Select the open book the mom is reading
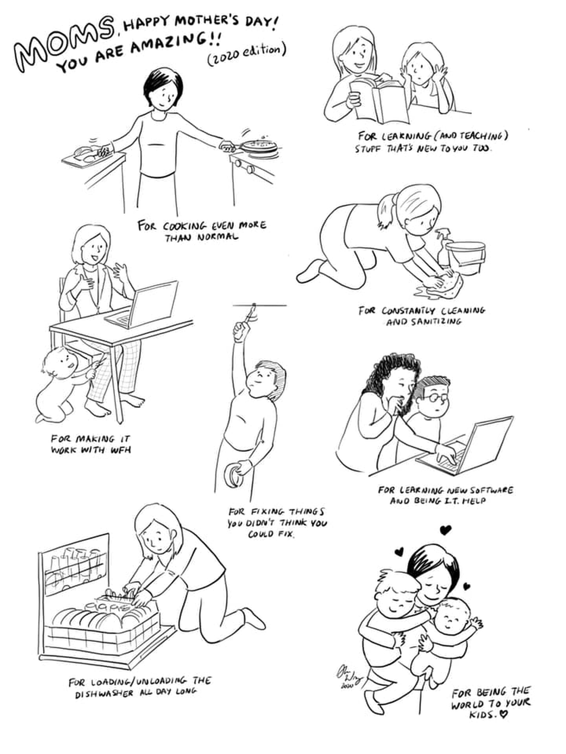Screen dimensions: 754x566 (x=379, y=100)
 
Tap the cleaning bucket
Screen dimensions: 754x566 (x=466, y=257)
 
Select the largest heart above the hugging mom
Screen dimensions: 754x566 (x=445, y=530)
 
